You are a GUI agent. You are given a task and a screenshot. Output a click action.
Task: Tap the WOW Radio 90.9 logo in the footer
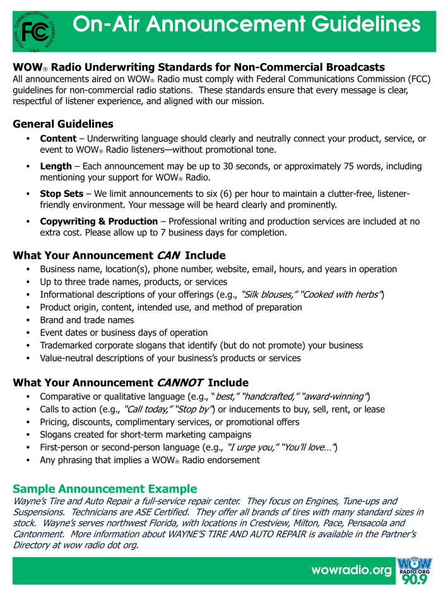[x=414, y=572]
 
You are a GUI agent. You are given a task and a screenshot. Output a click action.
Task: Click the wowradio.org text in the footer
[x=351, y=570]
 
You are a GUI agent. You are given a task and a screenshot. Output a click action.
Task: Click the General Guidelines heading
[x=63, y=124]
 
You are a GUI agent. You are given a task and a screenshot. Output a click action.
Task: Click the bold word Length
[x=56, y=166]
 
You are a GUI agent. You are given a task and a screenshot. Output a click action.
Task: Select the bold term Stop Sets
[x=61, y=194]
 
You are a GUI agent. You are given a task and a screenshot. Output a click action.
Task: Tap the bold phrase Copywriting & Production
[x=98, y=222]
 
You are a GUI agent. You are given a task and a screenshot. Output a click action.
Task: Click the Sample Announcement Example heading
[x=105, y=489]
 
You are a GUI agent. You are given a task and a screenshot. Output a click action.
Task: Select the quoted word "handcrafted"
[x=271, y=396]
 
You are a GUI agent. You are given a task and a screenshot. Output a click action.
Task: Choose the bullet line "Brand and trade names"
[x=87, y=320]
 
